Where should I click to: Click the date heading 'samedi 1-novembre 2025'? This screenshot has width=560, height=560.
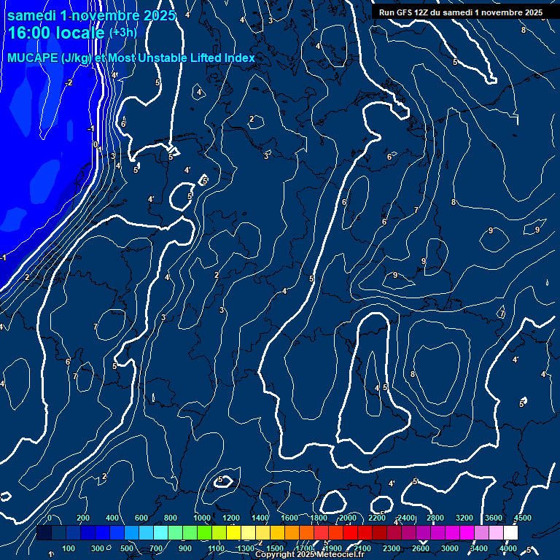(x=91, y=15)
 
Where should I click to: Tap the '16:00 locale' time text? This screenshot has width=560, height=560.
(x=57, y=34)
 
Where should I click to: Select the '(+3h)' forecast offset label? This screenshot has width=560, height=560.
(x=122, y=33)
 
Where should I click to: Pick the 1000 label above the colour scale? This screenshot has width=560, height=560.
(x=202, y=518)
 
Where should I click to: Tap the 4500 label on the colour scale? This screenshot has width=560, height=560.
(x=523, y=518)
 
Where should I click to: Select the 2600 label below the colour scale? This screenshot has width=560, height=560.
(x=421, y=548)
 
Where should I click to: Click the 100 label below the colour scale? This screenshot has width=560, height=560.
(x=69, y=548)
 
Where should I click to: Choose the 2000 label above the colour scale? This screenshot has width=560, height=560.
(x=348, y=518)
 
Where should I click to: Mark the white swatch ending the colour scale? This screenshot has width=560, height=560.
(x=510, y=533)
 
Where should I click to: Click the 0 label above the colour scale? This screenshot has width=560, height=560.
(x=49, y=518)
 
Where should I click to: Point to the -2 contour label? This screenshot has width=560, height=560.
(x=69, y=82)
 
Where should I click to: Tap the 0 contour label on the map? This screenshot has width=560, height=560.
(x=96, y=144)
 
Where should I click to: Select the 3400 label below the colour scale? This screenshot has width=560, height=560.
(x=479, y=548)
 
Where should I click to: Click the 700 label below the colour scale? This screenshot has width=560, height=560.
(x=156, y=548)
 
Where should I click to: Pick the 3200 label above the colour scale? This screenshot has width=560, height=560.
(x=464, y=518)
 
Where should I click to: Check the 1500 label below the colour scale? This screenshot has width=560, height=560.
(x=275, y=548)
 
